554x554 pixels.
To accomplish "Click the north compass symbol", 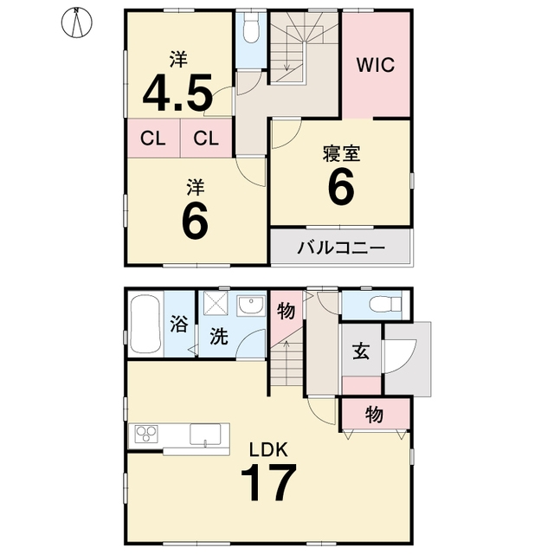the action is (x=77, y=23).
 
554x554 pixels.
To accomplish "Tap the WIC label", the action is (x=375, y=65).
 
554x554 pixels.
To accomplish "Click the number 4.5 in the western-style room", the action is (x=177, y=93).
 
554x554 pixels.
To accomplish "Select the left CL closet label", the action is (x=153, y=138).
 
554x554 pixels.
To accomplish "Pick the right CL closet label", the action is (x=206, y=138).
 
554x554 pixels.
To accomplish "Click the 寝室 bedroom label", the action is (x=341, y=154).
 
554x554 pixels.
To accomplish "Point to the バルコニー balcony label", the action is (x=341, y=248).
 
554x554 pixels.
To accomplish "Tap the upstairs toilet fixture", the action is (x=251, y=29).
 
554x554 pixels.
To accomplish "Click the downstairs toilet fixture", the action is (x=385, y=304).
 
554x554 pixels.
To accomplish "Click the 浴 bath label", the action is (x=179, y=324).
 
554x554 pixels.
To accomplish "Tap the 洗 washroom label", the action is (x=219, y=336).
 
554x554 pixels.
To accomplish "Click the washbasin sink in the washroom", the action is (x=251, y=306).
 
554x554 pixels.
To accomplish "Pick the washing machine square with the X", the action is (x=216, y=304).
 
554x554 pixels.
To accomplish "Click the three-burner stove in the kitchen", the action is (x=146, y=435).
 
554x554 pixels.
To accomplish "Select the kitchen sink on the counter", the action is (x=205, y=435).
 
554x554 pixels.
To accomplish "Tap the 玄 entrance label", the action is (x=362, y=351).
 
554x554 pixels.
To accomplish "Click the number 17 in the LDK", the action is (x=268, y=482).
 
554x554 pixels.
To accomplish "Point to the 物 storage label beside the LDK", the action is (x=374, y=414).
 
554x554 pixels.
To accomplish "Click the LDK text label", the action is (x=268, y=449).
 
